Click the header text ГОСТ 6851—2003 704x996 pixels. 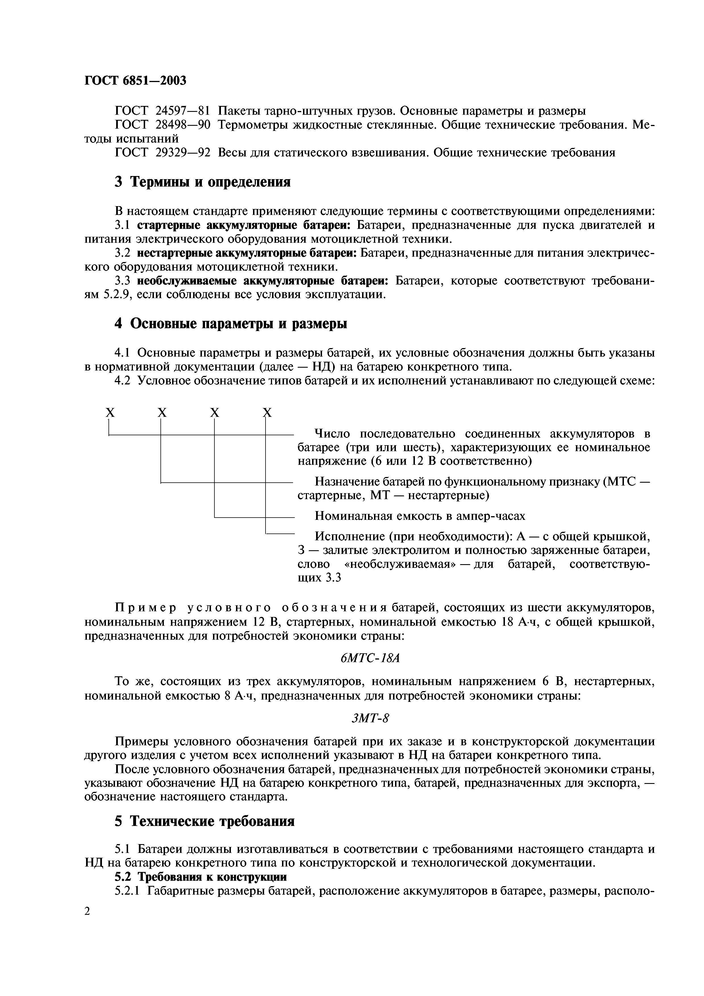(135, 80)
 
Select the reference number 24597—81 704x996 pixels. (183, 111)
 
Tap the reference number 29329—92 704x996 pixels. (183, 153)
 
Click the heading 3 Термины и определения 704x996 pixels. (202, 182)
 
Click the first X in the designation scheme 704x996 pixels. (110, 413)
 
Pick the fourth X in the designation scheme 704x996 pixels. (267, 413)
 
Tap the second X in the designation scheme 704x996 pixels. (162, 413)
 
